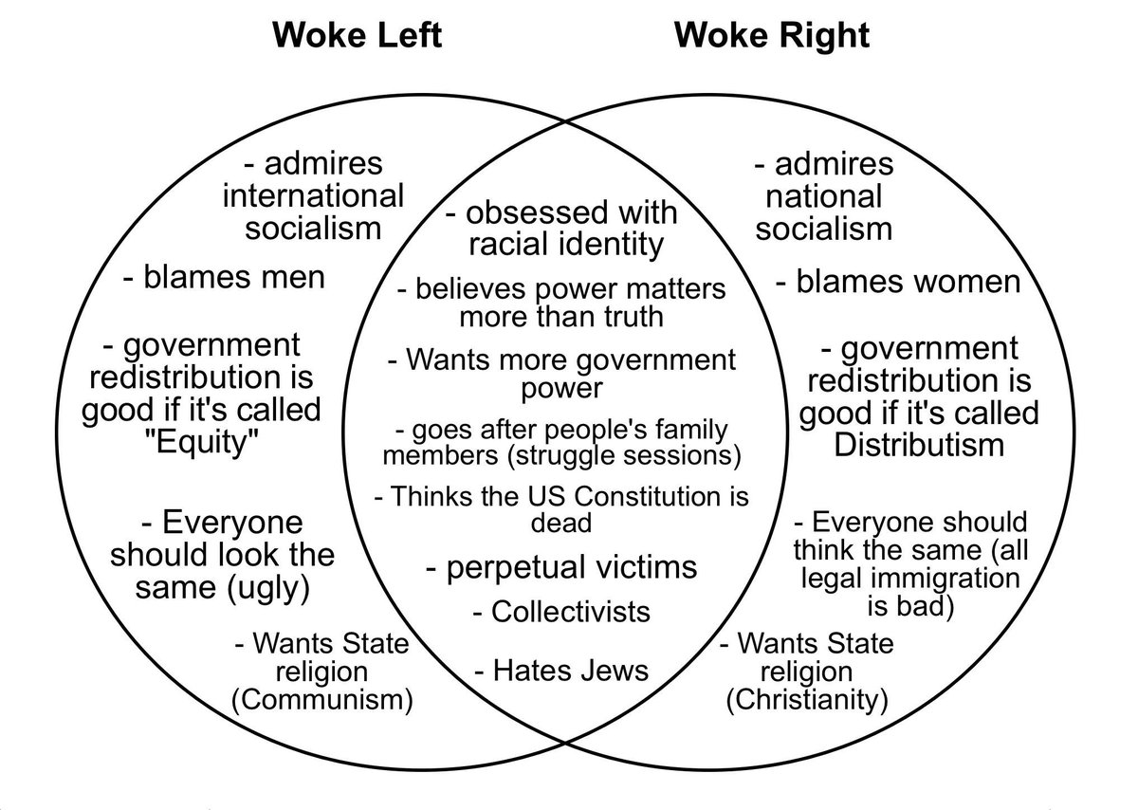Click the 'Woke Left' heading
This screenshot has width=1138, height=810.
click(x=358, y=36)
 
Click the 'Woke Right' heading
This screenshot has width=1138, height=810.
click(x=771, y=36)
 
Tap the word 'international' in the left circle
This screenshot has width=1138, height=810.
click(x=312, y=195)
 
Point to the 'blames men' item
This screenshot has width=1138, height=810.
click(x=224, y=278)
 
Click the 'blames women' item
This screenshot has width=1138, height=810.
click(x=897, y=282)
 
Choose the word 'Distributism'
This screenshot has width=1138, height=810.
click(x=918, y=444)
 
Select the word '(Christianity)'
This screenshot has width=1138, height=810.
click(x=806, y=701)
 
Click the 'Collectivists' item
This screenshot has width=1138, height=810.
click(x=561, y=612)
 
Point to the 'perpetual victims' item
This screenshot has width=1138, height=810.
click(x=560, y=567)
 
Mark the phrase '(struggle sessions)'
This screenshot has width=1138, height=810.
click(x=623, y=455)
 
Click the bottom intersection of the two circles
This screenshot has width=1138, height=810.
click(x=564, y=740)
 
